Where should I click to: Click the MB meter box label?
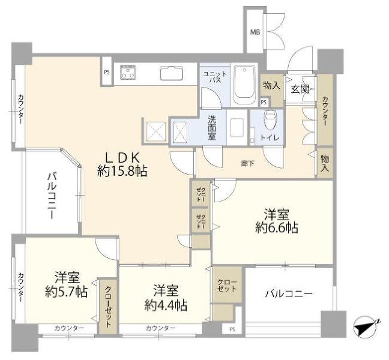click(255, 32)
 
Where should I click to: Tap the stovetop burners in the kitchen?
click(128, 73)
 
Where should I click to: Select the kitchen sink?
click(172, 73)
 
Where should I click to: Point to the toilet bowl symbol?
click(270, 119)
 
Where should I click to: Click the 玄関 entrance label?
click(300, 89)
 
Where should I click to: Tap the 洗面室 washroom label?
click(212, 128)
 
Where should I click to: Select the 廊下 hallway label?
click(247, 164)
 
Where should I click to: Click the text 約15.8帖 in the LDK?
click(122, 171)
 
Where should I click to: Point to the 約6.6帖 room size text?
click(277, 227)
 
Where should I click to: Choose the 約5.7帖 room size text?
click(66, 292)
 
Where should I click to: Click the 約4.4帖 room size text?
click(166, 305)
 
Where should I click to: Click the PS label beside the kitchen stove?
click(107, 73)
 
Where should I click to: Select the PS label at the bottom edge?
click(232, 329)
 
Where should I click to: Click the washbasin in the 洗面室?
click(237, 127)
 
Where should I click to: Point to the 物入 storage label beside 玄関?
click(272, 86)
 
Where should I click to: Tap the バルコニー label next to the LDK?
click(52, 196)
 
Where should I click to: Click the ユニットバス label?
click(215, 77)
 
